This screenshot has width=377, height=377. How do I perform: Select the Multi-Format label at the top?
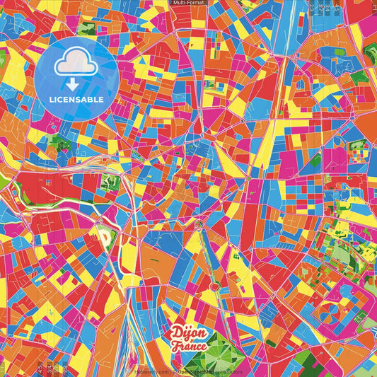tap(188, 4)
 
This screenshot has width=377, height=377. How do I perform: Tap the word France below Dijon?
tap(189, 346)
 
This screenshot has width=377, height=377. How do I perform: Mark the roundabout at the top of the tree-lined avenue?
tap(199, 224)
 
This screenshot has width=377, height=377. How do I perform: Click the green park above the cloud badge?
tap(86, 29)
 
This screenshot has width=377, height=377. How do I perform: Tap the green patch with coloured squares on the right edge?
tap(357, 153)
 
